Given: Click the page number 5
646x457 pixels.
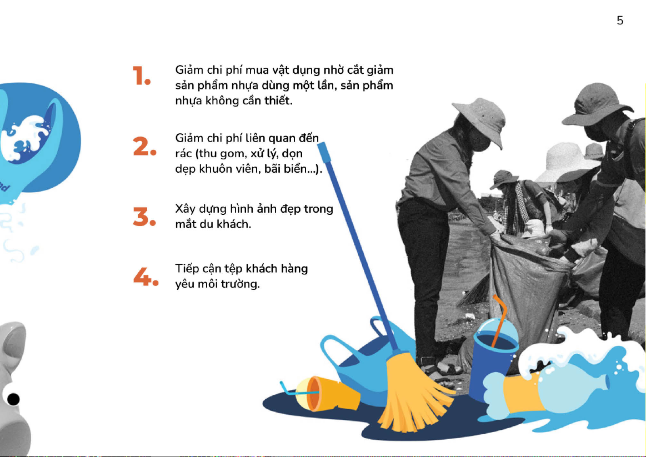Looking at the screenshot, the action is coord(620,20).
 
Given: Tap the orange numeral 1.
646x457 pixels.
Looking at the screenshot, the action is coord(141,76).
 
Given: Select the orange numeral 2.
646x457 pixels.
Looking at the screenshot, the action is coord(144,147).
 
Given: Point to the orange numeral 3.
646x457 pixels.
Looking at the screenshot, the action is coord(144,217).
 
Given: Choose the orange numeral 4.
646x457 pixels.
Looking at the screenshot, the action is coord(146,277).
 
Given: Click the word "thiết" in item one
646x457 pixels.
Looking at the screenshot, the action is coord(278,100).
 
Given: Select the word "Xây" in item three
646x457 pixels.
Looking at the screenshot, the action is coord(185,209).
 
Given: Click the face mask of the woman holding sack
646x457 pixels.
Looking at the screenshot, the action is coord(479,143).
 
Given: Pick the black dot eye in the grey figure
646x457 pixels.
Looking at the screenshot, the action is coord(13,399).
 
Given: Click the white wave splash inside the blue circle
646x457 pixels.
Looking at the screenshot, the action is coord(25,138).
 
